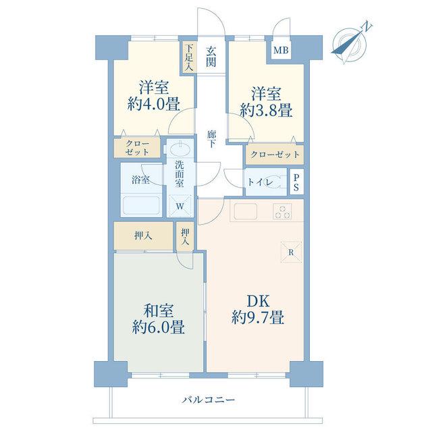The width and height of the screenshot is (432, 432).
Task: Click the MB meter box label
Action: click(281, 50)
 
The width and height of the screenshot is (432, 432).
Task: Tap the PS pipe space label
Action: click(296, 182)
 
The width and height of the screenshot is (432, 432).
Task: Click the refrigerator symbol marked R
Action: click(291, 252)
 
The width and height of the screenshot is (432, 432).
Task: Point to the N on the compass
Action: click(367, 26)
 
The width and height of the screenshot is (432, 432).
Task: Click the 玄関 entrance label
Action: click(211, 57)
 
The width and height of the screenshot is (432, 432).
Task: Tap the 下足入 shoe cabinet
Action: click(189, 57)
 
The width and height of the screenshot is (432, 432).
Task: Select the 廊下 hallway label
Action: click(211, 139)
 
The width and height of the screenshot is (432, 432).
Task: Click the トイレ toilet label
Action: click(261, 182)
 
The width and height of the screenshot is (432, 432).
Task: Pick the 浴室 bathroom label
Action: click(140, 180)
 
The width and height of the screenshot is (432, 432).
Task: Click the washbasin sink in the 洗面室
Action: click(180, 150)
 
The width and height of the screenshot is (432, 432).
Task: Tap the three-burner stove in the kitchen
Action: click(282, 211)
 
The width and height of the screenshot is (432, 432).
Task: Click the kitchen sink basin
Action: click(246, 211)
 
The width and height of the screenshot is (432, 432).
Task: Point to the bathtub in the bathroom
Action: click(142, 205)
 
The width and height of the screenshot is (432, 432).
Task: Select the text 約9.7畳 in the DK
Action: click(258, 317)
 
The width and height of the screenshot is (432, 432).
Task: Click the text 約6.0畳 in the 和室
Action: click(159, 327)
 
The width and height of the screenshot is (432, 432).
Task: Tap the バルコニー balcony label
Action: click(209, 400)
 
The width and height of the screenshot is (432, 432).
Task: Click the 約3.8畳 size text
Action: click(266, 111)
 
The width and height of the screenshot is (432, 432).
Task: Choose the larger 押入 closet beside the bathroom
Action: click(143, 236)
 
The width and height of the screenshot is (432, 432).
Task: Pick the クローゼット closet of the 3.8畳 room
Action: click(275, 155)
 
